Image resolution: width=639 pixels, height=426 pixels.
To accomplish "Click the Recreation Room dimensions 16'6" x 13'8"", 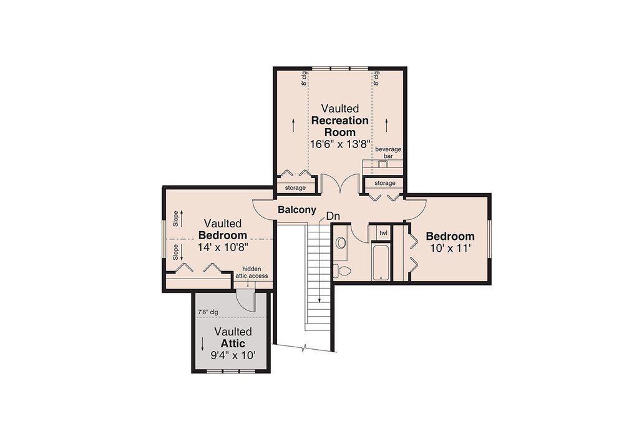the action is (340, 144).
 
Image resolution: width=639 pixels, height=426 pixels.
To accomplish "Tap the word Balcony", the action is (296, 210).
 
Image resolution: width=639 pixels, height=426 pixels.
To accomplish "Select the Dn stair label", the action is (333, 216).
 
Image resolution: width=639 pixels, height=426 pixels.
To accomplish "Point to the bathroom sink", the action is (341, 243).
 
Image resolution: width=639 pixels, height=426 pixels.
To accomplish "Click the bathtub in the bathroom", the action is (381, 262).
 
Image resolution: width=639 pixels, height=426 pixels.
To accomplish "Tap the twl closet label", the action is (384, 233).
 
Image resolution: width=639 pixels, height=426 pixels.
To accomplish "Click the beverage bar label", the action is (388, 152).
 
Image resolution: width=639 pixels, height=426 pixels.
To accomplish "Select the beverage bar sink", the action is (383, 164).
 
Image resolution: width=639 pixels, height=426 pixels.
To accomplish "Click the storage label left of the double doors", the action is (295, 188).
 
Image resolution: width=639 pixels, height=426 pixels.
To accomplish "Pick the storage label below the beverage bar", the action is (384, 183).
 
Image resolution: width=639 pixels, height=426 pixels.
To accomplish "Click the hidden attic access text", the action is (252, 272).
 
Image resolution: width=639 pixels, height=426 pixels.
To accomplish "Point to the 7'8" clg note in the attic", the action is (208, 312).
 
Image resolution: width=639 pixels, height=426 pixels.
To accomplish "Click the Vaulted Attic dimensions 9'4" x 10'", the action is (233, 355).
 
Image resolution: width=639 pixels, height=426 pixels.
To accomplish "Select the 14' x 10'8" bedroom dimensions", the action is (223, 247).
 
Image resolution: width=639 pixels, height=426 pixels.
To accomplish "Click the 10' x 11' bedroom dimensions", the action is (451, 248).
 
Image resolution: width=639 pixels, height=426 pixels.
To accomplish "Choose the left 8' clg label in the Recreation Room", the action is (304, 78).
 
